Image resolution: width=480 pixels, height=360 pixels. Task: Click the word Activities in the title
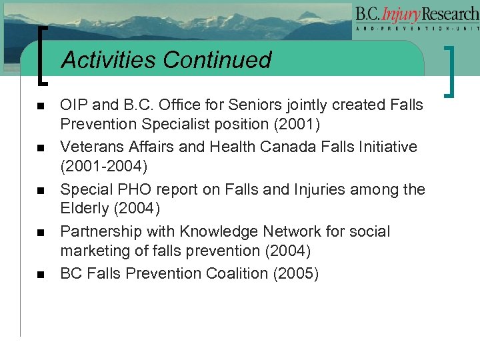coord(109,60)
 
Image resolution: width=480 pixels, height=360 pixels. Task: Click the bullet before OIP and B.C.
coord(40,106)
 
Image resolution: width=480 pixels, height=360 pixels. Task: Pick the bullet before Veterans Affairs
coord(40,148)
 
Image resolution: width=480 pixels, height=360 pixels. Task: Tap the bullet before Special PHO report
coord(40,191)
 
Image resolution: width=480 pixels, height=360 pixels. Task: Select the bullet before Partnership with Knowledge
coord(40,233)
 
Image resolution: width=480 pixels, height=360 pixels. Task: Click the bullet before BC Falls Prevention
coord(40,275)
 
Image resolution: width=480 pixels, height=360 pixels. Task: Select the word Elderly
coord(84,209)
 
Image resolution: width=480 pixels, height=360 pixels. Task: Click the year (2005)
coord(295,274)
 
